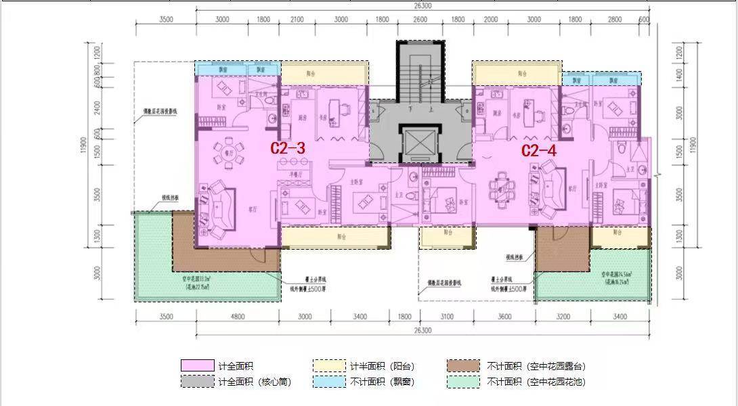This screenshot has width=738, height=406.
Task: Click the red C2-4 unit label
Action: [538, 150]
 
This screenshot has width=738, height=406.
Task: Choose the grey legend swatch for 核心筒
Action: [198, 382]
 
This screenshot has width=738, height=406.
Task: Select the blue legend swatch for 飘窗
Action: [330, 382]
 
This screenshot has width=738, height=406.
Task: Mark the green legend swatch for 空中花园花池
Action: [463, 382]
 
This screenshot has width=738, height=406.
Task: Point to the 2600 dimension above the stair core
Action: [420, 20]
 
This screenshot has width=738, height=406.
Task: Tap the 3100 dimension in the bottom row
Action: [446, 316]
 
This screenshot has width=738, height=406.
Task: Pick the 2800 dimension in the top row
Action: [615, 20]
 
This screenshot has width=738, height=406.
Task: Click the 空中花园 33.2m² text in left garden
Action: [198, 278]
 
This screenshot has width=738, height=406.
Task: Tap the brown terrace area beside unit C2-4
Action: [561, 249]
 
